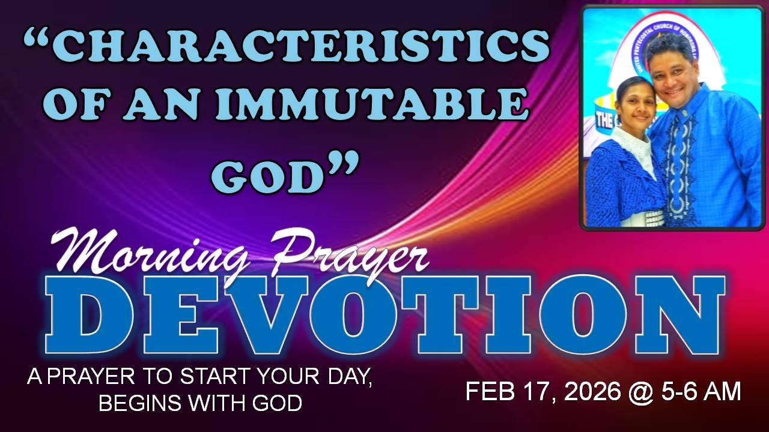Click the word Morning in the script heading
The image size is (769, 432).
point(148,256)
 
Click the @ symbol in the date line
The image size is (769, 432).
point(641,392)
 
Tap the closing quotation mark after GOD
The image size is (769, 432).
point(342,162)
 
